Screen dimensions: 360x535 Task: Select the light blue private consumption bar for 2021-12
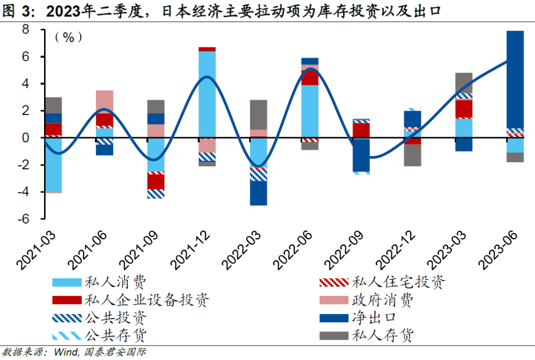[x=207, y=94]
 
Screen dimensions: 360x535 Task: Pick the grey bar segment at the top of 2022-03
[x=258, y=115]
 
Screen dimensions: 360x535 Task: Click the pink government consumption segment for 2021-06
[x=105, y=102]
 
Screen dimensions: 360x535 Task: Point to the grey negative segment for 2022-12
[x=412, y=155]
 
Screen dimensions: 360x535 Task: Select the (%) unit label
[x=68, y=37]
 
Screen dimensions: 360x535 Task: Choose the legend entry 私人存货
[x=382, y=335]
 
